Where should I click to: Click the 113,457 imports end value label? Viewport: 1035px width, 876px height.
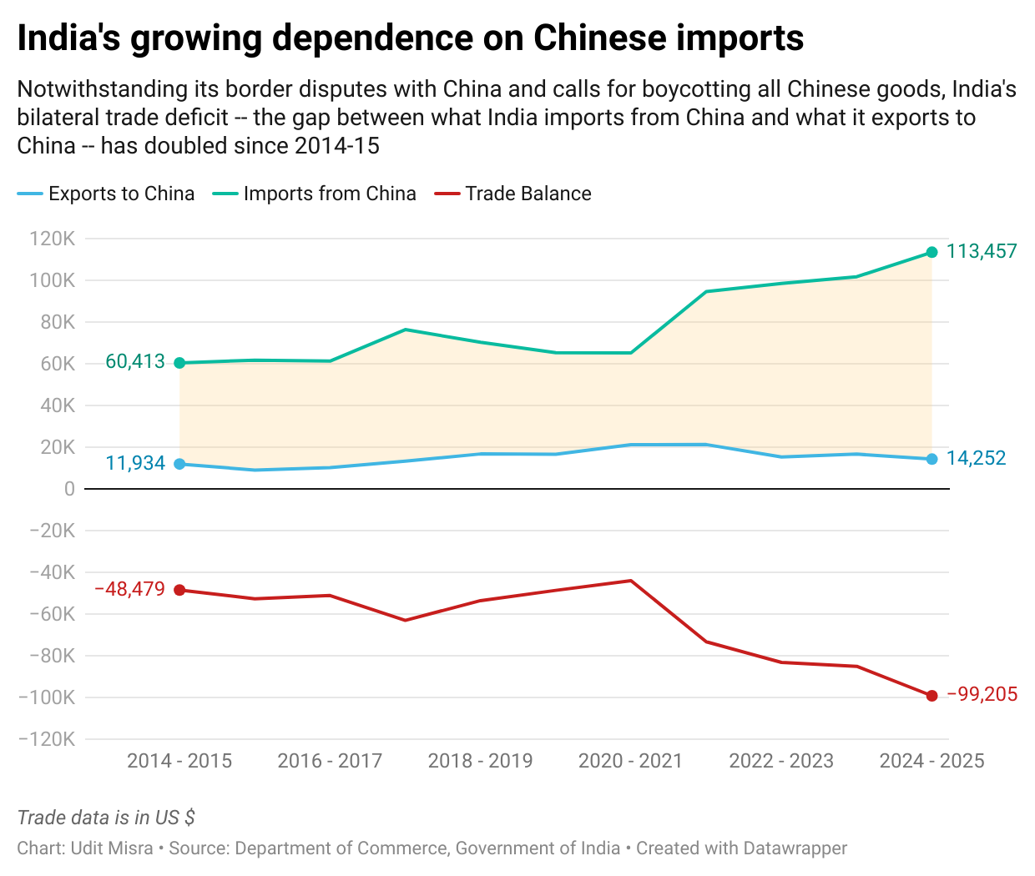click(x=982, y=251)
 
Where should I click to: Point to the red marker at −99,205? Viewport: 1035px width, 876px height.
click(x=932, y=696)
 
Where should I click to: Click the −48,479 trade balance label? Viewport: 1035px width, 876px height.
click(x=129, y=589)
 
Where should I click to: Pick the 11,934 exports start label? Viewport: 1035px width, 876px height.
click(x=135, y=463)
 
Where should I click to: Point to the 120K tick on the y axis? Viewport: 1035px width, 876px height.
click(x=53, y=239)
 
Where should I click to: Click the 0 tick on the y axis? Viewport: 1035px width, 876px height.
click(x=69, y=489)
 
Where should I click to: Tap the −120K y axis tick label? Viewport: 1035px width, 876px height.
click(x=52, y=739)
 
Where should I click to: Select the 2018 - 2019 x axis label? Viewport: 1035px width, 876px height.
click(x=480, y=761)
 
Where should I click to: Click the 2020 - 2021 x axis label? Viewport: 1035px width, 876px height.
click(x=630, y=761)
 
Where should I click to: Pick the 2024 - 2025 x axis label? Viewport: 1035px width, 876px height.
click(x=931, y=761)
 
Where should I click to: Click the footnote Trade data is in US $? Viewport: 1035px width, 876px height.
click(x=106, y=818)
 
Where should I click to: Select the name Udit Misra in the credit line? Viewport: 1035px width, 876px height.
click(x=112, y=848)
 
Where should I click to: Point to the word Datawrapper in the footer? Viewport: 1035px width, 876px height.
click(x=795, y=848)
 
